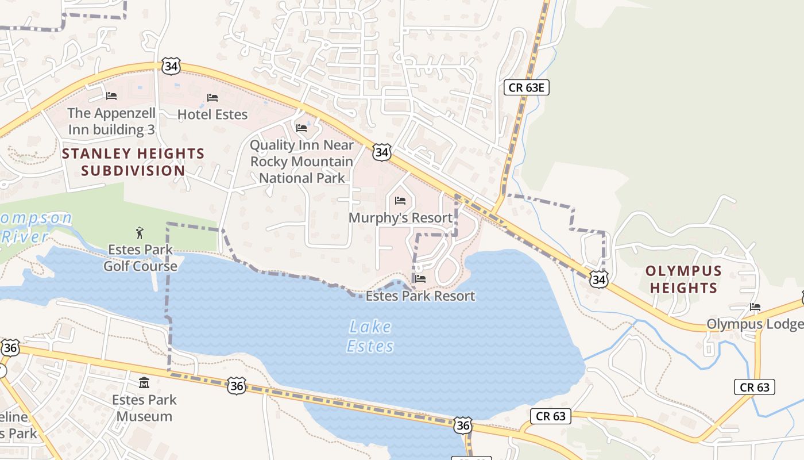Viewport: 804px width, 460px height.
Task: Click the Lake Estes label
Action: pyautogui.click(x=371, y=336)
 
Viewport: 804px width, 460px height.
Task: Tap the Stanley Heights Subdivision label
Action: pyautogui.click(x=133, y=162)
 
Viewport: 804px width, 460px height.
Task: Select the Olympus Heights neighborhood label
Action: pyautogui.click(x=683, y=279)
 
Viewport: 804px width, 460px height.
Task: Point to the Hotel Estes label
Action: pyautogui.click(x=212, y=114)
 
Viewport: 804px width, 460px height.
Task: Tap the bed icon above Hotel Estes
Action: pyautogui.click(x=212, y=97)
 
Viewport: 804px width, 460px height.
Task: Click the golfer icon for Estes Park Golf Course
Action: pyautogui.click(x=140, y=233)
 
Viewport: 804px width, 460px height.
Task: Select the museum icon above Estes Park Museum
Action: pyautogui.click(x=144, y=382)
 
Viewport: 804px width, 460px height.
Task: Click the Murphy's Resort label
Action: pyautogui.click(x=401, y=218)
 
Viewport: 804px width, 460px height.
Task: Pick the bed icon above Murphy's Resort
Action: pyautogui.click(x=400, y=201)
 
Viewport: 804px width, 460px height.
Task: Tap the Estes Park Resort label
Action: pyautogui.click(x=420, y=296)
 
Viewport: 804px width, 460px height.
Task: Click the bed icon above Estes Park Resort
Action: pyautogui.click(x=420, y=279)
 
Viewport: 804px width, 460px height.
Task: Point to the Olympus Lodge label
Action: pyautogui.click(x=753, y=324)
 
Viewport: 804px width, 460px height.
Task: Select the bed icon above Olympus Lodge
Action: pyautogui.click(x=755, y=307)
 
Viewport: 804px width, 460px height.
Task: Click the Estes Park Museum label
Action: pyautogui.click(x=144, y=408)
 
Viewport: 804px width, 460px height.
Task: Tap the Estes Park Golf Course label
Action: pyautogui.click(x=140, y=258)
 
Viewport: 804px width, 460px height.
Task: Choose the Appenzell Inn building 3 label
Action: pyautogui.click(x=111, y=121)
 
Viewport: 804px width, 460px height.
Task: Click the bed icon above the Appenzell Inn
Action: pyautogui.click(x=111, y=95)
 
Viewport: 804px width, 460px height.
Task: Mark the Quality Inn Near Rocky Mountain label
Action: pyautogui.click(x=301, y=162)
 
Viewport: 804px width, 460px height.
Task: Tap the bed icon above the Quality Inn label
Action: pyautogui.click(x=301, y=128)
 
